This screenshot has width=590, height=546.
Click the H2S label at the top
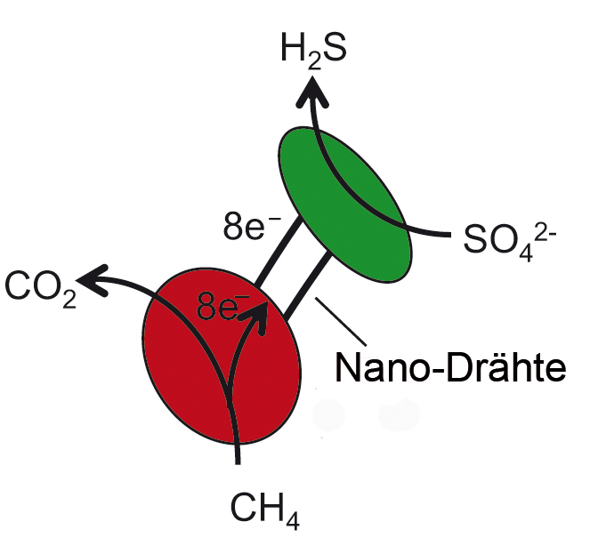(313, 52)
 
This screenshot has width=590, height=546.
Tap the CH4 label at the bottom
(264, 510)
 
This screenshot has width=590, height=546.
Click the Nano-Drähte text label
(450, 367)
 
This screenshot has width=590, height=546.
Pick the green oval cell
(345, 205)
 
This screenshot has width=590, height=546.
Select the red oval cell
(222, 356)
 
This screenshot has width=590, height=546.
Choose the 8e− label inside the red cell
(222, 307)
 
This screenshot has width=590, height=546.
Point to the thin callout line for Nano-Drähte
(341, 321)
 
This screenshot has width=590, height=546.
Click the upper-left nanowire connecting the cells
(279, 253)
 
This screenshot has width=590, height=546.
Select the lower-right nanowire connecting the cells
(308, 286)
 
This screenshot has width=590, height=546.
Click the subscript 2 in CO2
(69, 299)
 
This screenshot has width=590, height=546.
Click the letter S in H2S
(334, 48)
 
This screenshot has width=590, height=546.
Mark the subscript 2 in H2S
(314, 60)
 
